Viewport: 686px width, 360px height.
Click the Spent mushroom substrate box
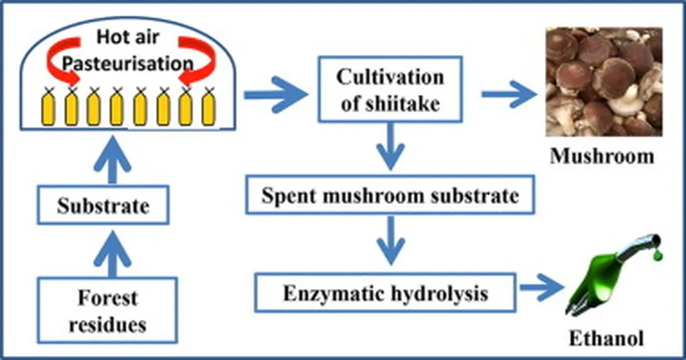pos(390,196)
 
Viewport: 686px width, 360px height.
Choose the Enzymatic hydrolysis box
pos(385,293)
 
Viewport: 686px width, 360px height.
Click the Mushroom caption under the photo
pos(602,157)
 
